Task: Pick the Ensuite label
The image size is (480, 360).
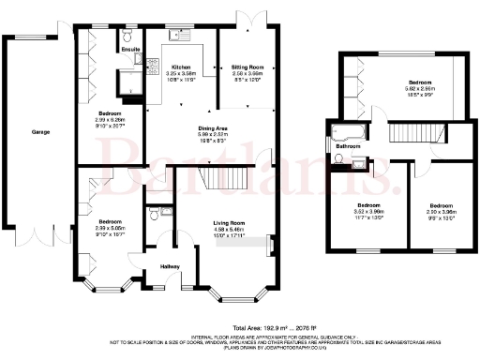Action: coord(130,48)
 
